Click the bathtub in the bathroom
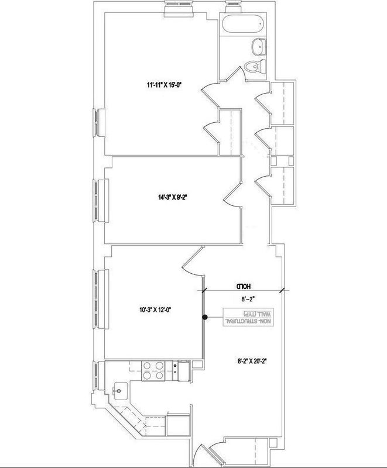point(244,24)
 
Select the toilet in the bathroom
point(255,66)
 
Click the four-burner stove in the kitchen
point(152,371)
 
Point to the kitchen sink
point(121,391)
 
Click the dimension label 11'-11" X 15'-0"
point(165,85)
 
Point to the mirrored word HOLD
point(244,286)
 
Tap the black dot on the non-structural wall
point(205,317)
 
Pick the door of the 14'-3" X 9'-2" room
point(233,196)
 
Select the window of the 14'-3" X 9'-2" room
point(101,200)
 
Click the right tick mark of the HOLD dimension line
point(282,290)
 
